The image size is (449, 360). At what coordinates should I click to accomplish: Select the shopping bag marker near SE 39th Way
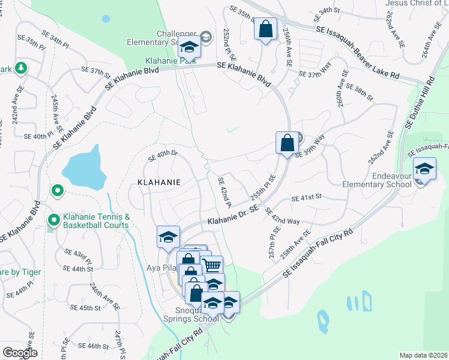pos(288,143)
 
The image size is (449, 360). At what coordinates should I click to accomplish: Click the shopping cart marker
pos(211,265)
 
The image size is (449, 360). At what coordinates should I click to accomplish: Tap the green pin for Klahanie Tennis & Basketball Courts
pos(53,221)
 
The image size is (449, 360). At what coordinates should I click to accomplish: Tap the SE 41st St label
pos(307,197)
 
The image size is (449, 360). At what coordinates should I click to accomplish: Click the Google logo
pos(20,353)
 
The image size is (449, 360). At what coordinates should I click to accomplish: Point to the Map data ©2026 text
pos(423,355)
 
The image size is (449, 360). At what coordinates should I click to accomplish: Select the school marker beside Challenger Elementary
pos(189,47)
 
